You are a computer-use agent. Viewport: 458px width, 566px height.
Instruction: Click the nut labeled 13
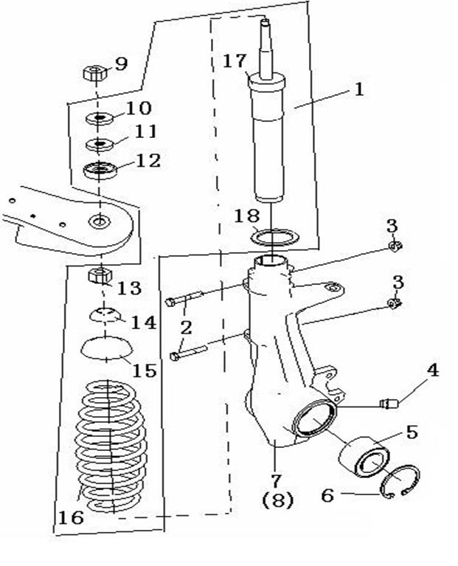tap(98, 277)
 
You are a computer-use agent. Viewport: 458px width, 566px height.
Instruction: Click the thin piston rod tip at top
tap(265, 33)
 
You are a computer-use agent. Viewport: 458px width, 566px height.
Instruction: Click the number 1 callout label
tap(359, 90)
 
